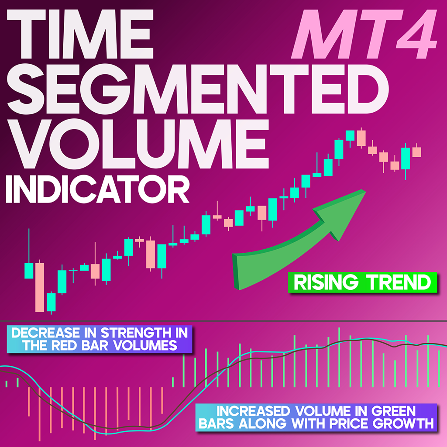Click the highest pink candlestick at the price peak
tap(361, 138)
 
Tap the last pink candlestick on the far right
tap(416, 151)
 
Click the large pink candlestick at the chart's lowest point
tap(40, 287)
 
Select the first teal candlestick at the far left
tap(29, 270)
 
